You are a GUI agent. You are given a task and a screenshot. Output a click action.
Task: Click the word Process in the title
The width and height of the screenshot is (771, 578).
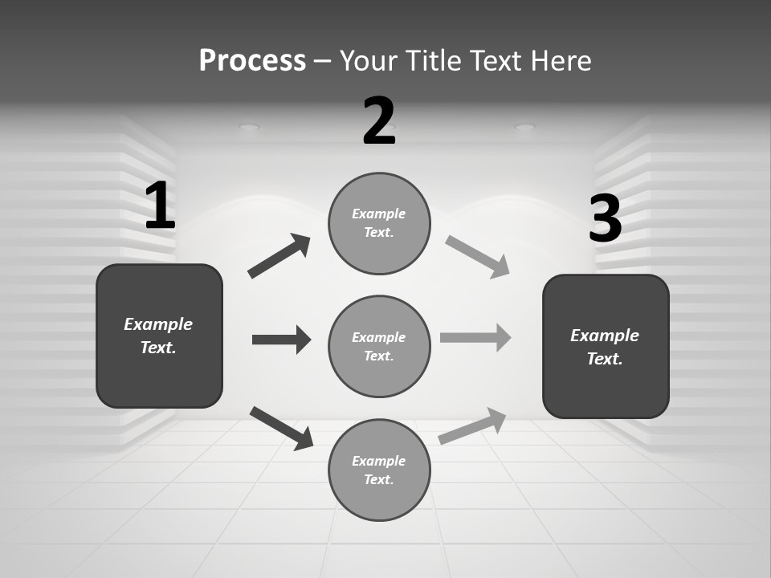(x=252, y=61)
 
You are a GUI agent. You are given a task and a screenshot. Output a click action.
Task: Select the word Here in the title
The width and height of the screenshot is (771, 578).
(x=559, y=61)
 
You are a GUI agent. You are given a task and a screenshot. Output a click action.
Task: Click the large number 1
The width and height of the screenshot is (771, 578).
(x=160, y=206)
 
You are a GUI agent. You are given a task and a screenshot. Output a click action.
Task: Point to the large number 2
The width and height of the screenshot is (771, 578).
(x=379, y=121)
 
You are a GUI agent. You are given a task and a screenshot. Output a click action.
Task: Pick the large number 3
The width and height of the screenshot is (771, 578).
(x=605, y=219)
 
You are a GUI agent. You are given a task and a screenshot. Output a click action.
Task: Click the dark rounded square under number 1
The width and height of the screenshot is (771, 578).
(x=159, y=336)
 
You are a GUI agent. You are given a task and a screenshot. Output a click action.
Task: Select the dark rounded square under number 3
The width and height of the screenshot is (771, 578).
(x=606, y=346)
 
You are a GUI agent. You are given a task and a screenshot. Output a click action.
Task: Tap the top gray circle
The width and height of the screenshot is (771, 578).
(x=379, y=223)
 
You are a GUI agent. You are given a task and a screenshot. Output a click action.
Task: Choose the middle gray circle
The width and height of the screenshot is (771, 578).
(x=379, y=346)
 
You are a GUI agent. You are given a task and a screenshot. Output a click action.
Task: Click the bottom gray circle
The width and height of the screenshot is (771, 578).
(x=379, y=470)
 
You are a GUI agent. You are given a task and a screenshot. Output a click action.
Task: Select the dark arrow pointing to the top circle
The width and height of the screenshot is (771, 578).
(x=279, y=256)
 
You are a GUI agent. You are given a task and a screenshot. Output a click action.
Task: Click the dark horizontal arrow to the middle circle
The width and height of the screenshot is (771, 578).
(x=281, y=340)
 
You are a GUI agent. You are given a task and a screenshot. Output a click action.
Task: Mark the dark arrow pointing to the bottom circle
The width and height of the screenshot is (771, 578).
(x=281, y=428)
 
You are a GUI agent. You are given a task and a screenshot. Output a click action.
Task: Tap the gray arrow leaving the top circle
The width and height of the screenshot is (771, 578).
(x=477, y=257)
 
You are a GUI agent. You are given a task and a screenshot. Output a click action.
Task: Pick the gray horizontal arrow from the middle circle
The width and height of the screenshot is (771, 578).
(x=475, y=338)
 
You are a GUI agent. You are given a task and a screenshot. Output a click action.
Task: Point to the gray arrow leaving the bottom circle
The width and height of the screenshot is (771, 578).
(x=473, y=425)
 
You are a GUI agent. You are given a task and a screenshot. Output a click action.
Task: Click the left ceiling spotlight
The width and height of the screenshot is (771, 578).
(x=250, y=126)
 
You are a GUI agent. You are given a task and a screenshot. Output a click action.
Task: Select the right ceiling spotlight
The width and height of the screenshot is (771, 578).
(x=524, y=126)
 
